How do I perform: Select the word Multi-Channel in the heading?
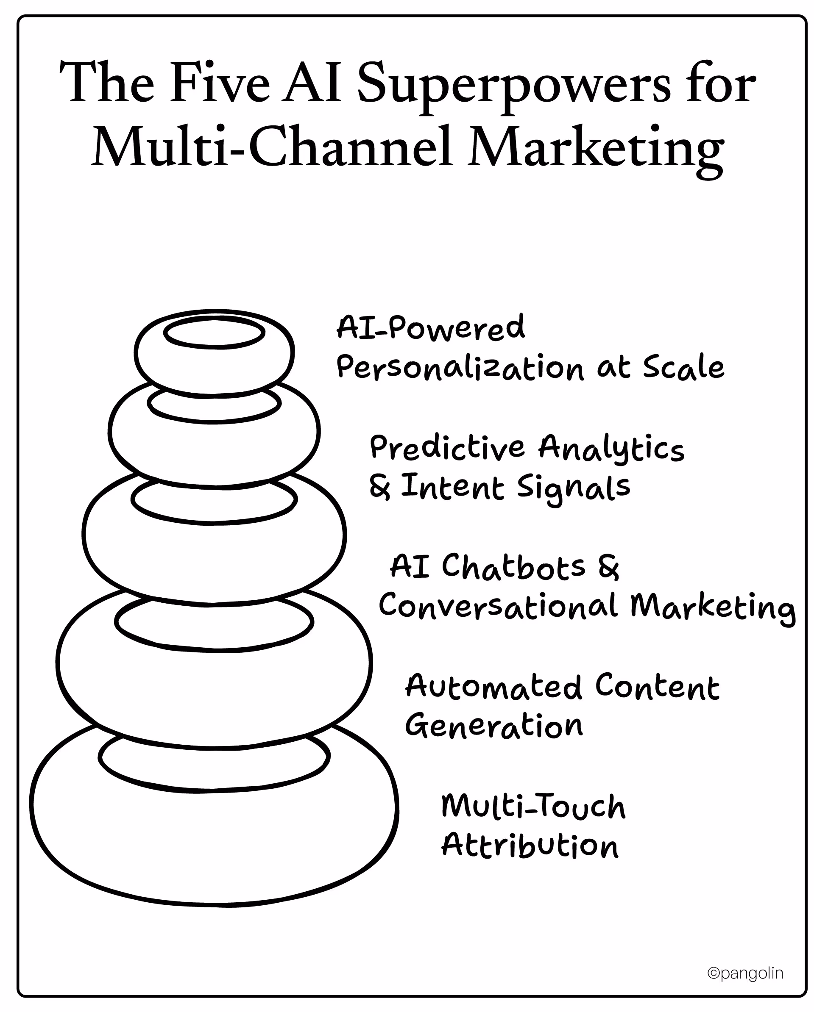click(x=273, y=147)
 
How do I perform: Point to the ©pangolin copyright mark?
click(x=745, y=973)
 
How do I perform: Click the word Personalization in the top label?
click(x=460, y=368)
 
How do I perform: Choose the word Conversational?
click(x=498, y=605)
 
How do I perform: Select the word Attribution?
click(x=530, y=846)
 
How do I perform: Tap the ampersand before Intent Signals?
click(x=379, y=487)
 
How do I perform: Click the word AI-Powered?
click(x=430, y=327)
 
